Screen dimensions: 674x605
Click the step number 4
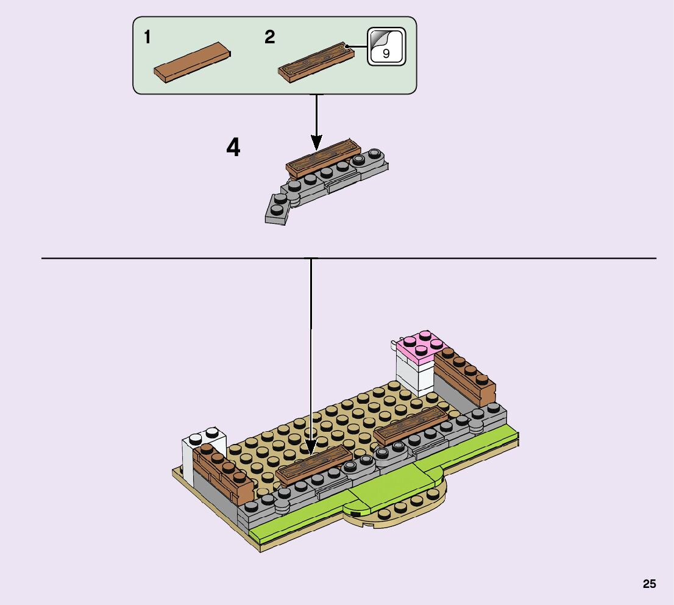click(x=233, y=148)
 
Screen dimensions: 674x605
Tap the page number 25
click(x=649, y=584)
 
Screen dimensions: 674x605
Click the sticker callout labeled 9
click(x=386, y=46)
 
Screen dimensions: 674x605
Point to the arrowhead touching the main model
click(x=311, y=449)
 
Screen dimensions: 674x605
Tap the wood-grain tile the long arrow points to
click(x=314, y=465)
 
